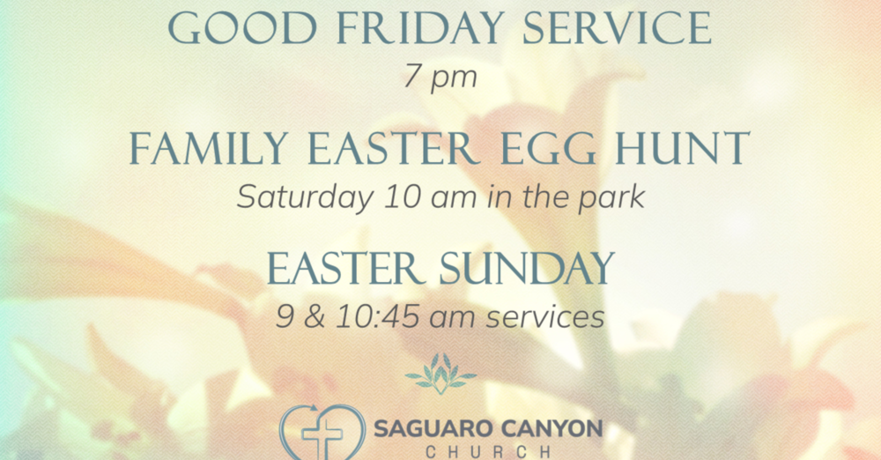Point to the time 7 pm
pyautogui.click(x=440, y=77)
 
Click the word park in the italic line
pyautogui.click(x=611, y=197)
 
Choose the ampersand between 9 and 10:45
pyautogui.click(x=313, y=316)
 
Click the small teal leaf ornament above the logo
pyautogui.click(x=440, y=374)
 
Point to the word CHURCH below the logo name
pyautogui.click(x=489, y=452)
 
